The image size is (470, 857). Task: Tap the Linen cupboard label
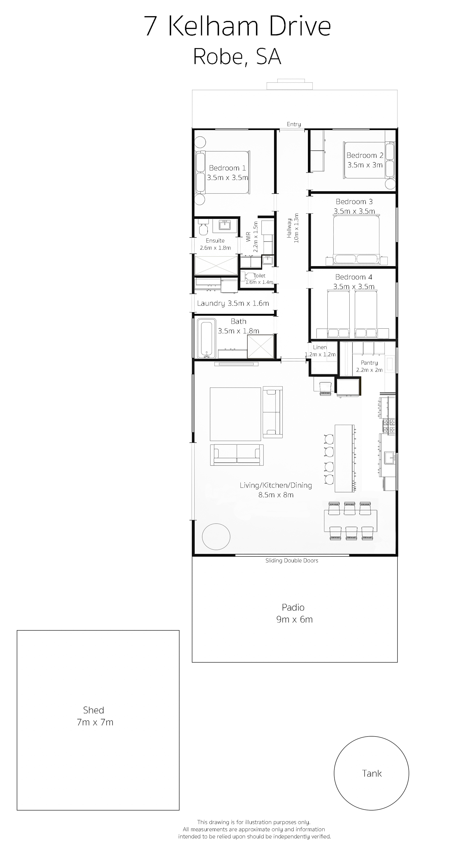click(320, 347)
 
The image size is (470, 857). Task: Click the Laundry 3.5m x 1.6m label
click(233, 303)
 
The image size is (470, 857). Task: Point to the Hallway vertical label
click(289, 228)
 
